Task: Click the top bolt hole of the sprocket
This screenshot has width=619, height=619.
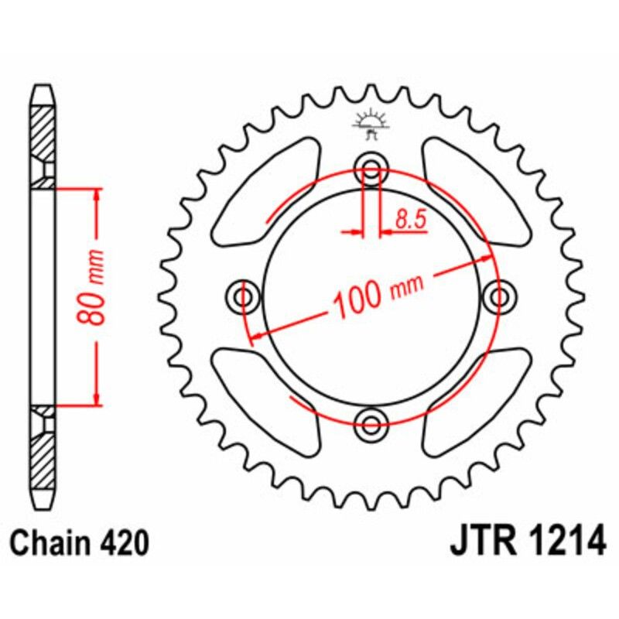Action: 371,172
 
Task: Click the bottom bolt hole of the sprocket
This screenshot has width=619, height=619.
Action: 371,422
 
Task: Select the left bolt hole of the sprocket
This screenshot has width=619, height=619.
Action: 245,296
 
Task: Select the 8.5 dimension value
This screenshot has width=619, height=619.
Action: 410,220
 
